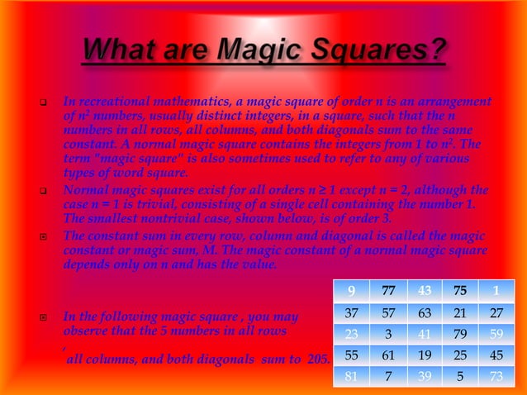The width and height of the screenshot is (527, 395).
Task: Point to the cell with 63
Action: (x=425, y=314)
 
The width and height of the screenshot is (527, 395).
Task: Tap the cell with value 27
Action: (x=496, y=314)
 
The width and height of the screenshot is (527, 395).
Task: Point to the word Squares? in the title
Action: (x=372, y=51)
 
